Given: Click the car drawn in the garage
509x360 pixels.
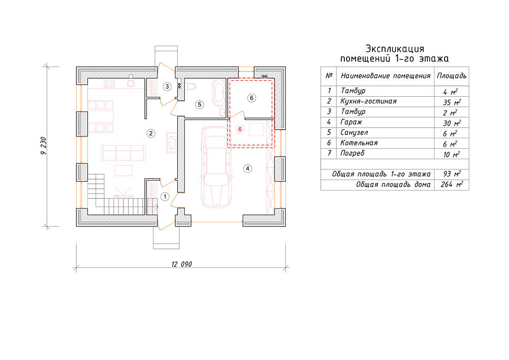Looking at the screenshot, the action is (216, 166).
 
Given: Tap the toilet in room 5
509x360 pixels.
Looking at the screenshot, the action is (191, 86).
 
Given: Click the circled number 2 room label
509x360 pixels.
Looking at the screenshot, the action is (151, 133).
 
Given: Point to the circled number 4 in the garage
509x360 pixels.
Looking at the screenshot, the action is (247, 168).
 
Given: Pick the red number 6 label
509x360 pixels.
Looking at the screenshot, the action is (240, 129).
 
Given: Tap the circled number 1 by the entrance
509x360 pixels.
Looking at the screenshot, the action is (165, 197).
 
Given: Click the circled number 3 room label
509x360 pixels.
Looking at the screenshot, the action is (167, 86).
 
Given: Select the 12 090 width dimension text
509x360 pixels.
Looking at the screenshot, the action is (181, 264).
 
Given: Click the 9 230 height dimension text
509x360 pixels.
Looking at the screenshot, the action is (44, 146).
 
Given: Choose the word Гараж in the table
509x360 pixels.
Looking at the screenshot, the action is (351, 122).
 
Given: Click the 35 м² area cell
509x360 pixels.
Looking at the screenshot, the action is (452, 102).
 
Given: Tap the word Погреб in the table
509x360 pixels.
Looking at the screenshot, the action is (352, 153).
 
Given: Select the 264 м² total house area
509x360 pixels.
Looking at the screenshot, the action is (452, 185).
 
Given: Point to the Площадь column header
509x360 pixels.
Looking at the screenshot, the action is (452, 76).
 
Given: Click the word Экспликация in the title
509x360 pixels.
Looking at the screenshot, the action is (394, 49).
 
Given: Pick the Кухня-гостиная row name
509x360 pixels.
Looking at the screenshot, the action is (368, 101).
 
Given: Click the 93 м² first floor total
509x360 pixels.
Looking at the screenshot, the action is (452, 174).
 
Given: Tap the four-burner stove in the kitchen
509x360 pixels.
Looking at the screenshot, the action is (109, 83).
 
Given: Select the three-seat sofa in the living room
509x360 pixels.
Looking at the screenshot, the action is (123, 152).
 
